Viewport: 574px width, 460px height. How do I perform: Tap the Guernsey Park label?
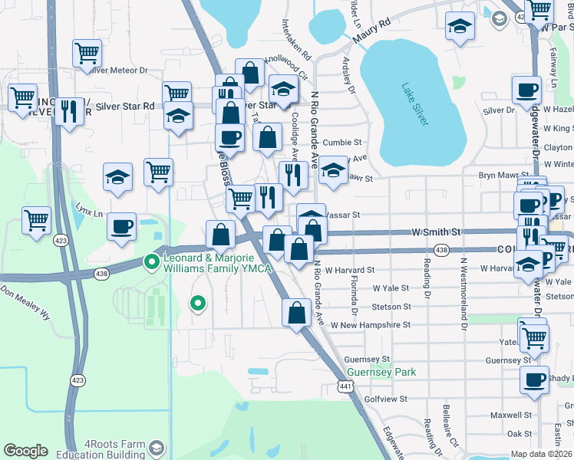(381, 373)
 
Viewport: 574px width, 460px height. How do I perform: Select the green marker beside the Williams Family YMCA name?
(152, 263)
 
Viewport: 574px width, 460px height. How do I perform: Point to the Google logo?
(25, 451)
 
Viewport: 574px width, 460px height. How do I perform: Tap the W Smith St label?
(435, 231)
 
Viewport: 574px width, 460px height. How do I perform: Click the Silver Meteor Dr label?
(117, 70)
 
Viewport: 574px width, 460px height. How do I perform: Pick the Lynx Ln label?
(89, 209)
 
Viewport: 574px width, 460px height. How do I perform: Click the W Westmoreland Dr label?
(463, 292)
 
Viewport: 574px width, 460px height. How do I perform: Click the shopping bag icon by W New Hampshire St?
(296, 313)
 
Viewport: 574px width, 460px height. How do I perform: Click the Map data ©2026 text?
(541, 454)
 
